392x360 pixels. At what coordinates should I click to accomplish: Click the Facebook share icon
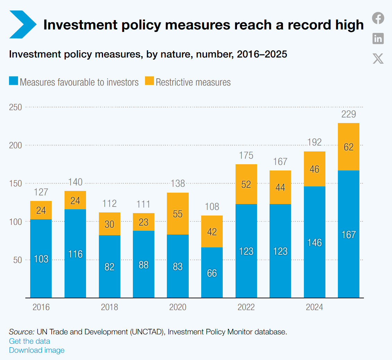(x=378, y=18)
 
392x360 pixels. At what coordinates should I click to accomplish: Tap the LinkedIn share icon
(x=378, y=38)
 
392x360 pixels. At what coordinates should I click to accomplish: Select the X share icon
(x=378, y=59)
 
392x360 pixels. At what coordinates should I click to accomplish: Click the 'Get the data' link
(x=29, y=341)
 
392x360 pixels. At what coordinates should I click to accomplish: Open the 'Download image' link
(x=37, y=350)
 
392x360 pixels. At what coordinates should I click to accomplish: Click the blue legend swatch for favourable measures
(x=14, y=81)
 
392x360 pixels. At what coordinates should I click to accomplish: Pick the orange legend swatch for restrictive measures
(x=150, y=81)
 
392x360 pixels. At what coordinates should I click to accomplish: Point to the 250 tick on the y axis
(x=16, y=107)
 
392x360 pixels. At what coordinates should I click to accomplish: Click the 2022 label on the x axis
(x=246, y=307)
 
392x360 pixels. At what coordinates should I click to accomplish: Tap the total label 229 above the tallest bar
(x=349, y=114)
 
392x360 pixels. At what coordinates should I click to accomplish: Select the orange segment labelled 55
(x=178, y=214)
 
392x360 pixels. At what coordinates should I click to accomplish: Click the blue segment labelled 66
(x=212, y=273)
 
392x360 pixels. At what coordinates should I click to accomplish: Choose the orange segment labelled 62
(x=349, y=147)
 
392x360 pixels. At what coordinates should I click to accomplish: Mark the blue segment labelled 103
(x=41, y=258)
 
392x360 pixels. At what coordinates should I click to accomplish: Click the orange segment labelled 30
(x=110, y=224)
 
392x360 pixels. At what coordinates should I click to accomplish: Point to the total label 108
(x=212, y=207)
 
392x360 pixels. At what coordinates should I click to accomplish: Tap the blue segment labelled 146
(x=315, y=242)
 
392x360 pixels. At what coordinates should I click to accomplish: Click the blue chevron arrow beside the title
(x=23, y=25)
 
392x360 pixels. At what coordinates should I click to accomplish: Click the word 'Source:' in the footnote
(x=22, y=332)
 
